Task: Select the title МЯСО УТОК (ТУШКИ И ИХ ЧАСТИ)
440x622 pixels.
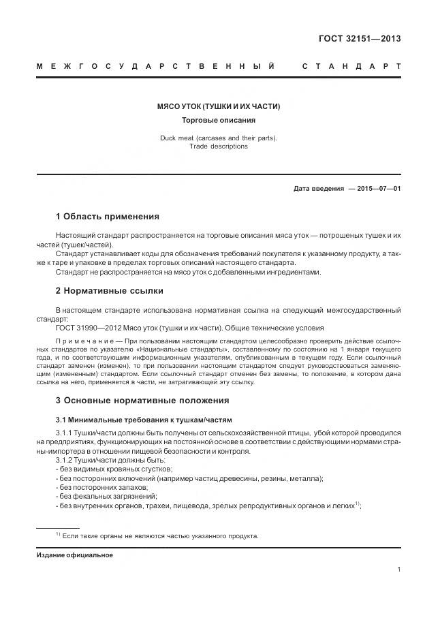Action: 219,107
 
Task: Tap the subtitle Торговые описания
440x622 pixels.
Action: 219,121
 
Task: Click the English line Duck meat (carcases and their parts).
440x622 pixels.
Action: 219,138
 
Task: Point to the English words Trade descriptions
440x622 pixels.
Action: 219,146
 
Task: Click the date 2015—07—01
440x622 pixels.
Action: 375,189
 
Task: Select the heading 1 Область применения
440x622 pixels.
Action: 107,217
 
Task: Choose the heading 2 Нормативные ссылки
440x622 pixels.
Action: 109,291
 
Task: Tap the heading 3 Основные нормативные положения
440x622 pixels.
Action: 142,400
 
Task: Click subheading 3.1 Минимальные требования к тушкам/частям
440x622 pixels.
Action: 144,418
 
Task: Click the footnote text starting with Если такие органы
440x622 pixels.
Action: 161,536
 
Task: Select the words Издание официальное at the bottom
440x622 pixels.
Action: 74,555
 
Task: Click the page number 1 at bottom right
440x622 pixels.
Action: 398,570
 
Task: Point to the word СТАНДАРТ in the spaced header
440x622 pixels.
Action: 351,67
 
